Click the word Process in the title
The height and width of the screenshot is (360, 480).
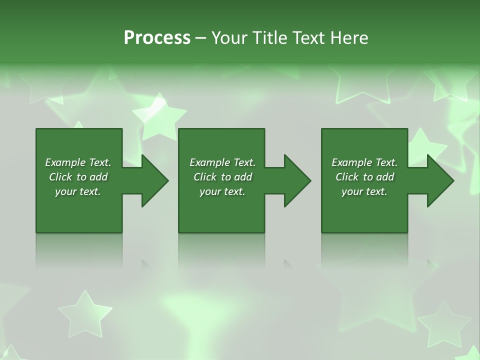coord(157,38)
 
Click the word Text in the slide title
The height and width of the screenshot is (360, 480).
coord(308,38)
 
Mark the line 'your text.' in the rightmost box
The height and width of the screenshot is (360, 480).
coord(364,191)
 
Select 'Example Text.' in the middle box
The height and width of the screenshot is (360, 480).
coord(222,162)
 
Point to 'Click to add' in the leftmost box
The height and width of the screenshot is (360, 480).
coord(78,177)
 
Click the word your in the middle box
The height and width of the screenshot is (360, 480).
coord(210,191)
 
